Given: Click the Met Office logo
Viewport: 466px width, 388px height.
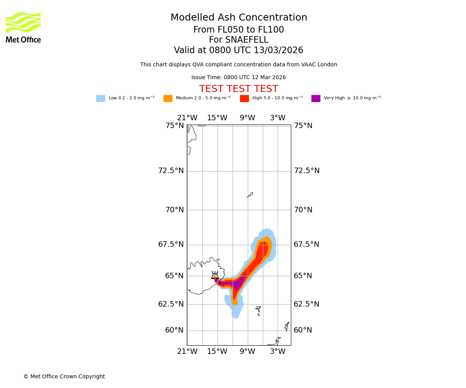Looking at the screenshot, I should [x=23, y=27].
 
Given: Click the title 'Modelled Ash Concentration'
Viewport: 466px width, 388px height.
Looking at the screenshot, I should [x=239, y=18].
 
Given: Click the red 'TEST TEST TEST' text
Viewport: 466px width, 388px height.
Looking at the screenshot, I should [x=238, y=89].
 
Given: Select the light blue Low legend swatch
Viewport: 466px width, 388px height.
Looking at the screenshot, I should [x=101, y=99].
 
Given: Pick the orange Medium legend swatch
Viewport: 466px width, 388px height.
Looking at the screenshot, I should [x=168, y=99].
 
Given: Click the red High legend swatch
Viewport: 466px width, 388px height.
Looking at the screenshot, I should [x=244, y=99].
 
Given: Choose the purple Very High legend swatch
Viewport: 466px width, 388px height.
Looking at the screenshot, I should [x=316, y=99].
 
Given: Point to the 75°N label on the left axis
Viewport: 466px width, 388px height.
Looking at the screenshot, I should [x=175, y=126].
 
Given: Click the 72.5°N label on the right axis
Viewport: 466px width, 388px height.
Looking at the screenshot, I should [x=307, y=171].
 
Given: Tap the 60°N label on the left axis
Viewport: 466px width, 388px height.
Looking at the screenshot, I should [x=174, y=330].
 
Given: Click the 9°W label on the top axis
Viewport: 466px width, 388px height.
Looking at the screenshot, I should [x=247, y=118].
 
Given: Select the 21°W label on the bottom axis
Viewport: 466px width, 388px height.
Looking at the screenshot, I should [x=187, y=352].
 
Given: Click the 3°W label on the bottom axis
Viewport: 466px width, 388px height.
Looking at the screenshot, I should [x=278, y=352].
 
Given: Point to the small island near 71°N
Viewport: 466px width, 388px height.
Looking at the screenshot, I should [x=250, y=195].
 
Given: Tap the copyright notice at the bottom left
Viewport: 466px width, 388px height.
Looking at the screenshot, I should [x=64, y=377].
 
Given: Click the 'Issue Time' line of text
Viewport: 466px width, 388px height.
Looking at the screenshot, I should [x=238, y=78].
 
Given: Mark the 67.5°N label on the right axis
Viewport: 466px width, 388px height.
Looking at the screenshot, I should [x=306, y=244].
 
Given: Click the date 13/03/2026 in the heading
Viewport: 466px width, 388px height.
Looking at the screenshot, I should [x=278, y=50].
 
